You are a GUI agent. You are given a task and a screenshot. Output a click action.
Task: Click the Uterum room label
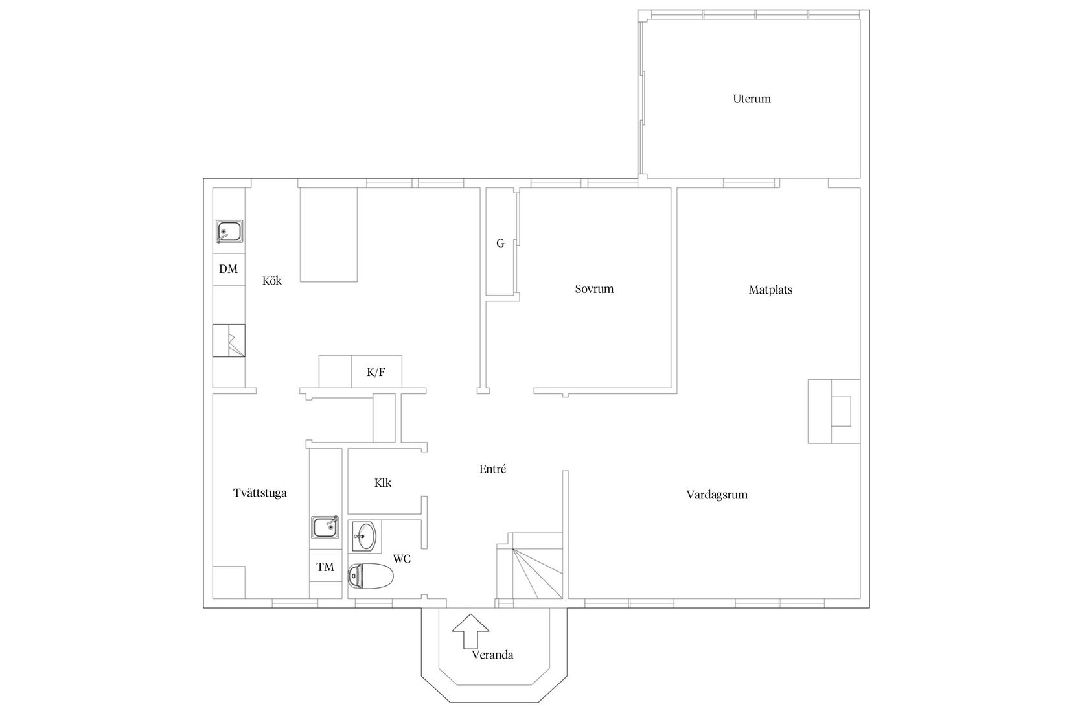click(752, 99)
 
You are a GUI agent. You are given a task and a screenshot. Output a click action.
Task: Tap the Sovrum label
click(594, 289)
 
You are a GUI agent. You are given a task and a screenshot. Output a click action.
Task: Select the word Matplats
click(770, 290)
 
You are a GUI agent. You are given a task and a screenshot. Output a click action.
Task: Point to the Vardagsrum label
click(717, 495)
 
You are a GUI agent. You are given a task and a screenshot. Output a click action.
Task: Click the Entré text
click(492, 469)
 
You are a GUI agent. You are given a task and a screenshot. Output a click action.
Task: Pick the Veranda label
click(492, 655)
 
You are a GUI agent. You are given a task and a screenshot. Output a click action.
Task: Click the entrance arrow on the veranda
click(470, 631)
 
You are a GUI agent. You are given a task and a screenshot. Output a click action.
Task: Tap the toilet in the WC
click(371, 576)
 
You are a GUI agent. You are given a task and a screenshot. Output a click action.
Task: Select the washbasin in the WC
click(365, 536)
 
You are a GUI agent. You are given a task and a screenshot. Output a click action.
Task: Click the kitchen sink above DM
click(229, 231)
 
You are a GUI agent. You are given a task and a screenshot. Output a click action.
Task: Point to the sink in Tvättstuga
click(325, 527)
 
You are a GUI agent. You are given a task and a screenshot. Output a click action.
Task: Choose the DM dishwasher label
click(228, 270)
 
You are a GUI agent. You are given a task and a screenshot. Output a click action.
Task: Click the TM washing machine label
click(325, 567)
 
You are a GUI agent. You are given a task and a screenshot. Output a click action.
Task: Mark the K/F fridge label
click(376, 373)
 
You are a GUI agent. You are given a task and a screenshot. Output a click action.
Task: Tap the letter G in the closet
click(500, 244)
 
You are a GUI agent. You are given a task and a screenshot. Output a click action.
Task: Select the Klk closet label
click(383, 483)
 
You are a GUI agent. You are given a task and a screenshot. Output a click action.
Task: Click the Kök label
click(272, 281)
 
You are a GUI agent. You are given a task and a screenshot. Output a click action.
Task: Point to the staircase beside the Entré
click(530, 565)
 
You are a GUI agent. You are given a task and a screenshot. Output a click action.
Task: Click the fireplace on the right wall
click(834, 411)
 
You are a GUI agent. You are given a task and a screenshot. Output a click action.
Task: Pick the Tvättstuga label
click(260, 493)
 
